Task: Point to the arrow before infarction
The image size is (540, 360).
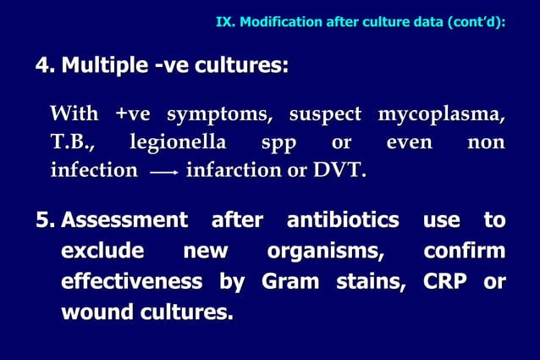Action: [x=163, y=172]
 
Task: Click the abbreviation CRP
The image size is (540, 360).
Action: [x=443, y=281]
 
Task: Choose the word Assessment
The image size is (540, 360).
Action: [x=124, y=221]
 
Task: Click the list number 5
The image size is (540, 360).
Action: [x=44, y=221]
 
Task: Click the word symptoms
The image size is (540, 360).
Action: [x=223, y=114]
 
